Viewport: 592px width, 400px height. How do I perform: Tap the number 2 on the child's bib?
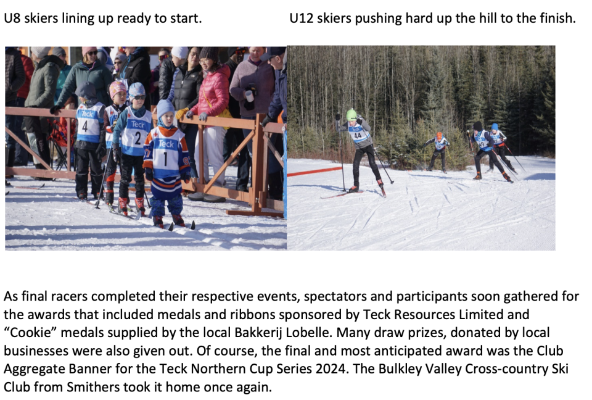click(x=138, y=138)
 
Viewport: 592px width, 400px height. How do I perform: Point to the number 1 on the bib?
click(x=165, y=159)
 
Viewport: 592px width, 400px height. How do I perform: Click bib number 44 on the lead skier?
click(x=358, y=135)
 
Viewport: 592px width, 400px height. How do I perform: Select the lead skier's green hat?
click(x=351, y=115)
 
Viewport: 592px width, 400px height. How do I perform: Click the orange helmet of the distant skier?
click(x=438, y=135)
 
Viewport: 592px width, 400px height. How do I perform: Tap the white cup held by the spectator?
click(x=249, y=96)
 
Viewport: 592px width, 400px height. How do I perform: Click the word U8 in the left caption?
click(x=12, y=18)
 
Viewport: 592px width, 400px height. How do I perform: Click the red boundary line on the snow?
click(x=314, y=172)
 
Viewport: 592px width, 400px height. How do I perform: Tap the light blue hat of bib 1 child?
click(x=165, y=109)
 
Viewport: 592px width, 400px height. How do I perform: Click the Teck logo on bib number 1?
click(x=166, y=144)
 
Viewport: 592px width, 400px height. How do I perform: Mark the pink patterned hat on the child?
click(x=117, y=88)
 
